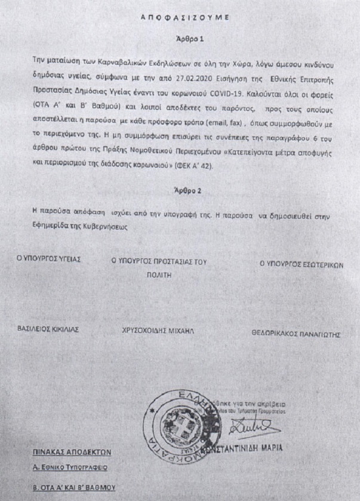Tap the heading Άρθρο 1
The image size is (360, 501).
pyautogui.click(x=180, y=38)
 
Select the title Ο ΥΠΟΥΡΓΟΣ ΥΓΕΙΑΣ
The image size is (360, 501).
pyautogui.click(x=48, y=261)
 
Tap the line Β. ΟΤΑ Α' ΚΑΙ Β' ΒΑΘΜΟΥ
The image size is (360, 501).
pyautogui.click(x=75, y=487)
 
